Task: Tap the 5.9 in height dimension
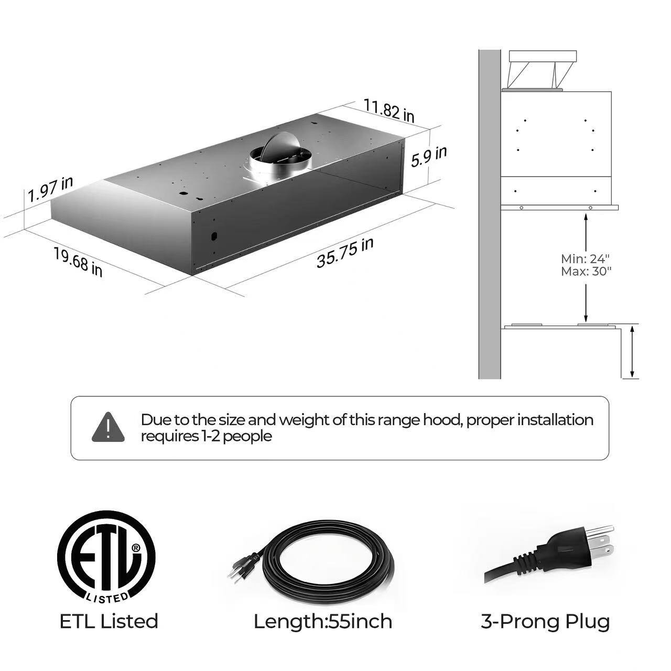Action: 429,156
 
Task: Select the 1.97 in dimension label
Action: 50,189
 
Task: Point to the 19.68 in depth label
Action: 78,262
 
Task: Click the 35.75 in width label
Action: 344,253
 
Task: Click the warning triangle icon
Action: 108,427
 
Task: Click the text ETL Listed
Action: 109,621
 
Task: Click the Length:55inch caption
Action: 323,621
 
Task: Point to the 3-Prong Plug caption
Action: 545,621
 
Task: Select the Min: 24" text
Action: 586,259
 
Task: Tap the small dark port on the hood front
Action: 213,236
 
